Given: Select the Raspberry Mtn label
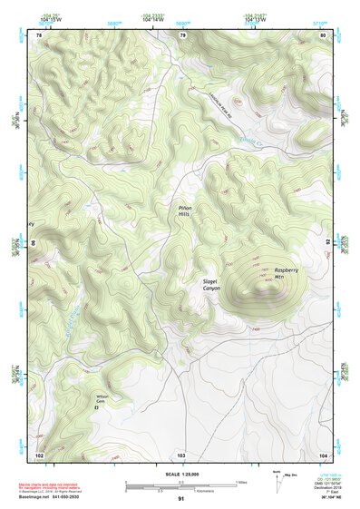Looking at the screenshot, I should pyautogui.click(x=286, y=274).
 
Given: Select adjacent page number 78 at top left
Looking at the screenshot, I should pyautogui.click(x=39, y=35).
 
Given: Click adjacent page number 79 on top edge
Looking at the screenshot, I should pyautogui.click(x=181, y=35).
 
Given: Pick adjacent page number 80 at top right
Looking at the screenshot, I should pyautogui.click(x=323, y=35).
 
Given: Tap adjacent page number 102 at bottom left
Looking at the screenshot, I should pyautogui.click(x=39, y=454).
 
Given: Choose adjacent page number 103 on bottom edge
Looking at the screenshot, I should pyautogui.click(x=181, y=454).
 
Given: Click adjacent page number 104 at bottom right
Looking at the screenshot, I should pyautogui.click(x=323, y=454).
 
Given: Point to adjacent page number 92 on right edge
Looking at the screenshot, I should pyautogui.click(x=327, y=242).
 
